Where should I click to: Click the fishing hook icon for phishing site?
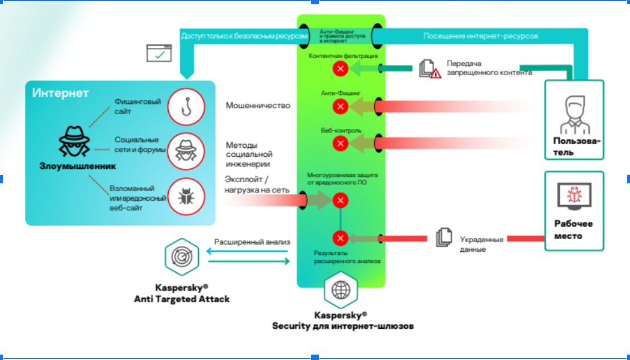pyautogui.click(x=186, y=106)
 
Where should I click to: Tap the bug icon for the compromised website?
pyautogui.click(x=186, y=195)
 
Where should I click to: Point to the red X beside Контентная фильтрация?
pyautogui.click(x=341, y=69)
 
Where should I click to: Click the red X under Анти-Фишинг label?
pyautogui.click(x=341, y=107)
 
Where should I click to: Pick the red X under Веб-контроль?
pyautogui.click(x=341, y=143)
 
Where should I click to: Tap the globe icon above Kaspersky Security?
pyautogui.click(x=341, y=290)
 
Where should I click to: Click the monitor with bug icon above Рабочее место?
pyautogui.click(x=574, y=197)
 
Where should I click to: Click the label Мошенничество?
pyautogui.click(x=258, y=106)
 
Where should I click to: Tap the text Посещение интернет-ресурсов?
pyautogui.click(x=480, y=36)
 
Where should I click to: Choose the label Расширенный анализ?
pyautogui.click(x=252, y=242)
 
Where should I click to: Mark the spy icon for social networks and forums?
pyautogui.click(x=186, y=150)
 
